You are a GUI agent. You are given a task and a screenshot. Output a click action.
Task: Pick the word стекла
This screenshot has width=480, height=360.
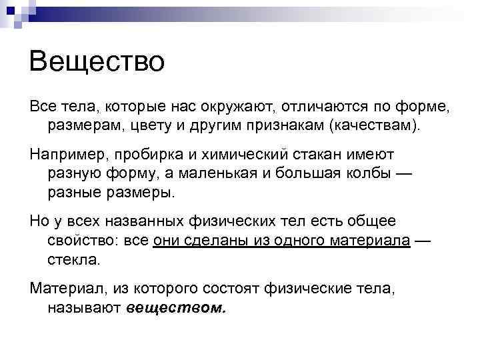[73, 259]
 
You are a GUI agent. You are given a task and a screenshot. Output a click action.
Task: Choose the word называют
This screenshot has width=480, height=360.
[84, 308]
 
